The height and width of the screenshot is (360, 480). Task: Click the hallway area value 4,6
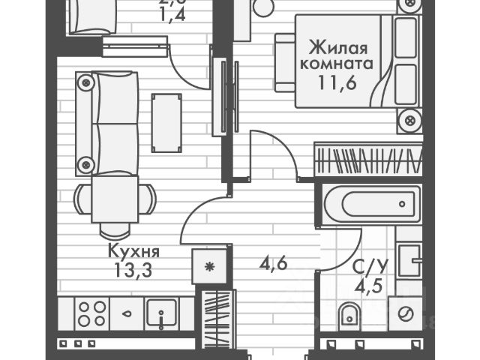274,264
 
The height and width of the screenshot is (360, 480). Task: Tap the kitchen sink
160,313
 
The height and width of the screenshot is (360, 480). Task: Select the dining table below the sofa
114,199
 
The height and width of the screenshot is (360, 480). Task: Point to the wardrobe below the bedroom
368,159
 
